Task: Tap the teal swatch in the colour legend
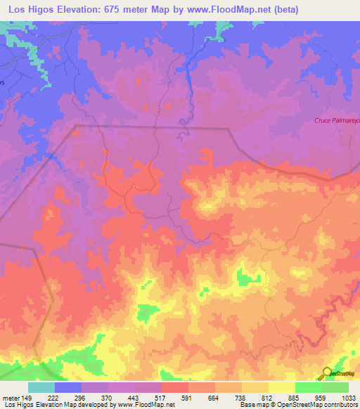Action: click(41, 387)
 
